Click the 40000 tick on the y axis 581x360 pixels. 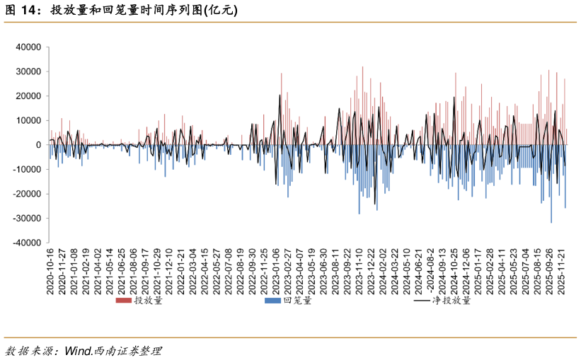click(x=28, y=47)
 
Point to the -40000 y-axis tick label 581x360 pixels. click(x=27, y=243)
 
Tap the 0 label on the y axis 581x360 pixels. click(x=38, y=145)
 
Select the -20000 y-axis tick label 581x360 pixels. click(x=27, y=194)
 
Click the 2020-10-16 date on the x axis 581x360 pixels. click(x=50, y=272)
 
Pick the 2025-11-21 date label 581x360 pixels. click(x=562, y=272)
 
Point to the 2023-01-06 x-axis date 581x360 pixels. click(x=276, y=272)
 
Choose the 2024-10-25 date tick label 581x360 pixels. click(x=454, y=272)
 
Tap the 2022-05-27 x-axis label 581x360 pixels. click(x=217, y=272)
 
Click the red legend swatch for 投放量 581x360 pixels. click(x=123, y=300)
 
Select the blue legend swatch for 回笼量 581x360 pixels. click(x=272, y=300)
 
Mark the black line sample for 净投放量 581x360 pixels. click(x=422, y=301)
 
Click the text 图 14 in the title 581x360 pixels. click(x=21, y=10)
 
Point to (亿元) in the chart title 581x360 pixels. click(x=221, y=10)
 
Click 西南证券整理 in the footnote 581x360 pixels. click(x=127, y=350)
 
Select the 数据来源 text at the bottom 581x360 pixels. click(x=28, y=350)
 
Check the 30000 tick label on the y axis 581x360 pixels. click(x=28, y=71)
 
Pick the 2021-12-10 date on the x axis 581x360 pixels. click(x=169, y=272)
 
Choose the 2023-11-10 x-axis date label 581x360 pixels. click(x=359, y=272)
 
